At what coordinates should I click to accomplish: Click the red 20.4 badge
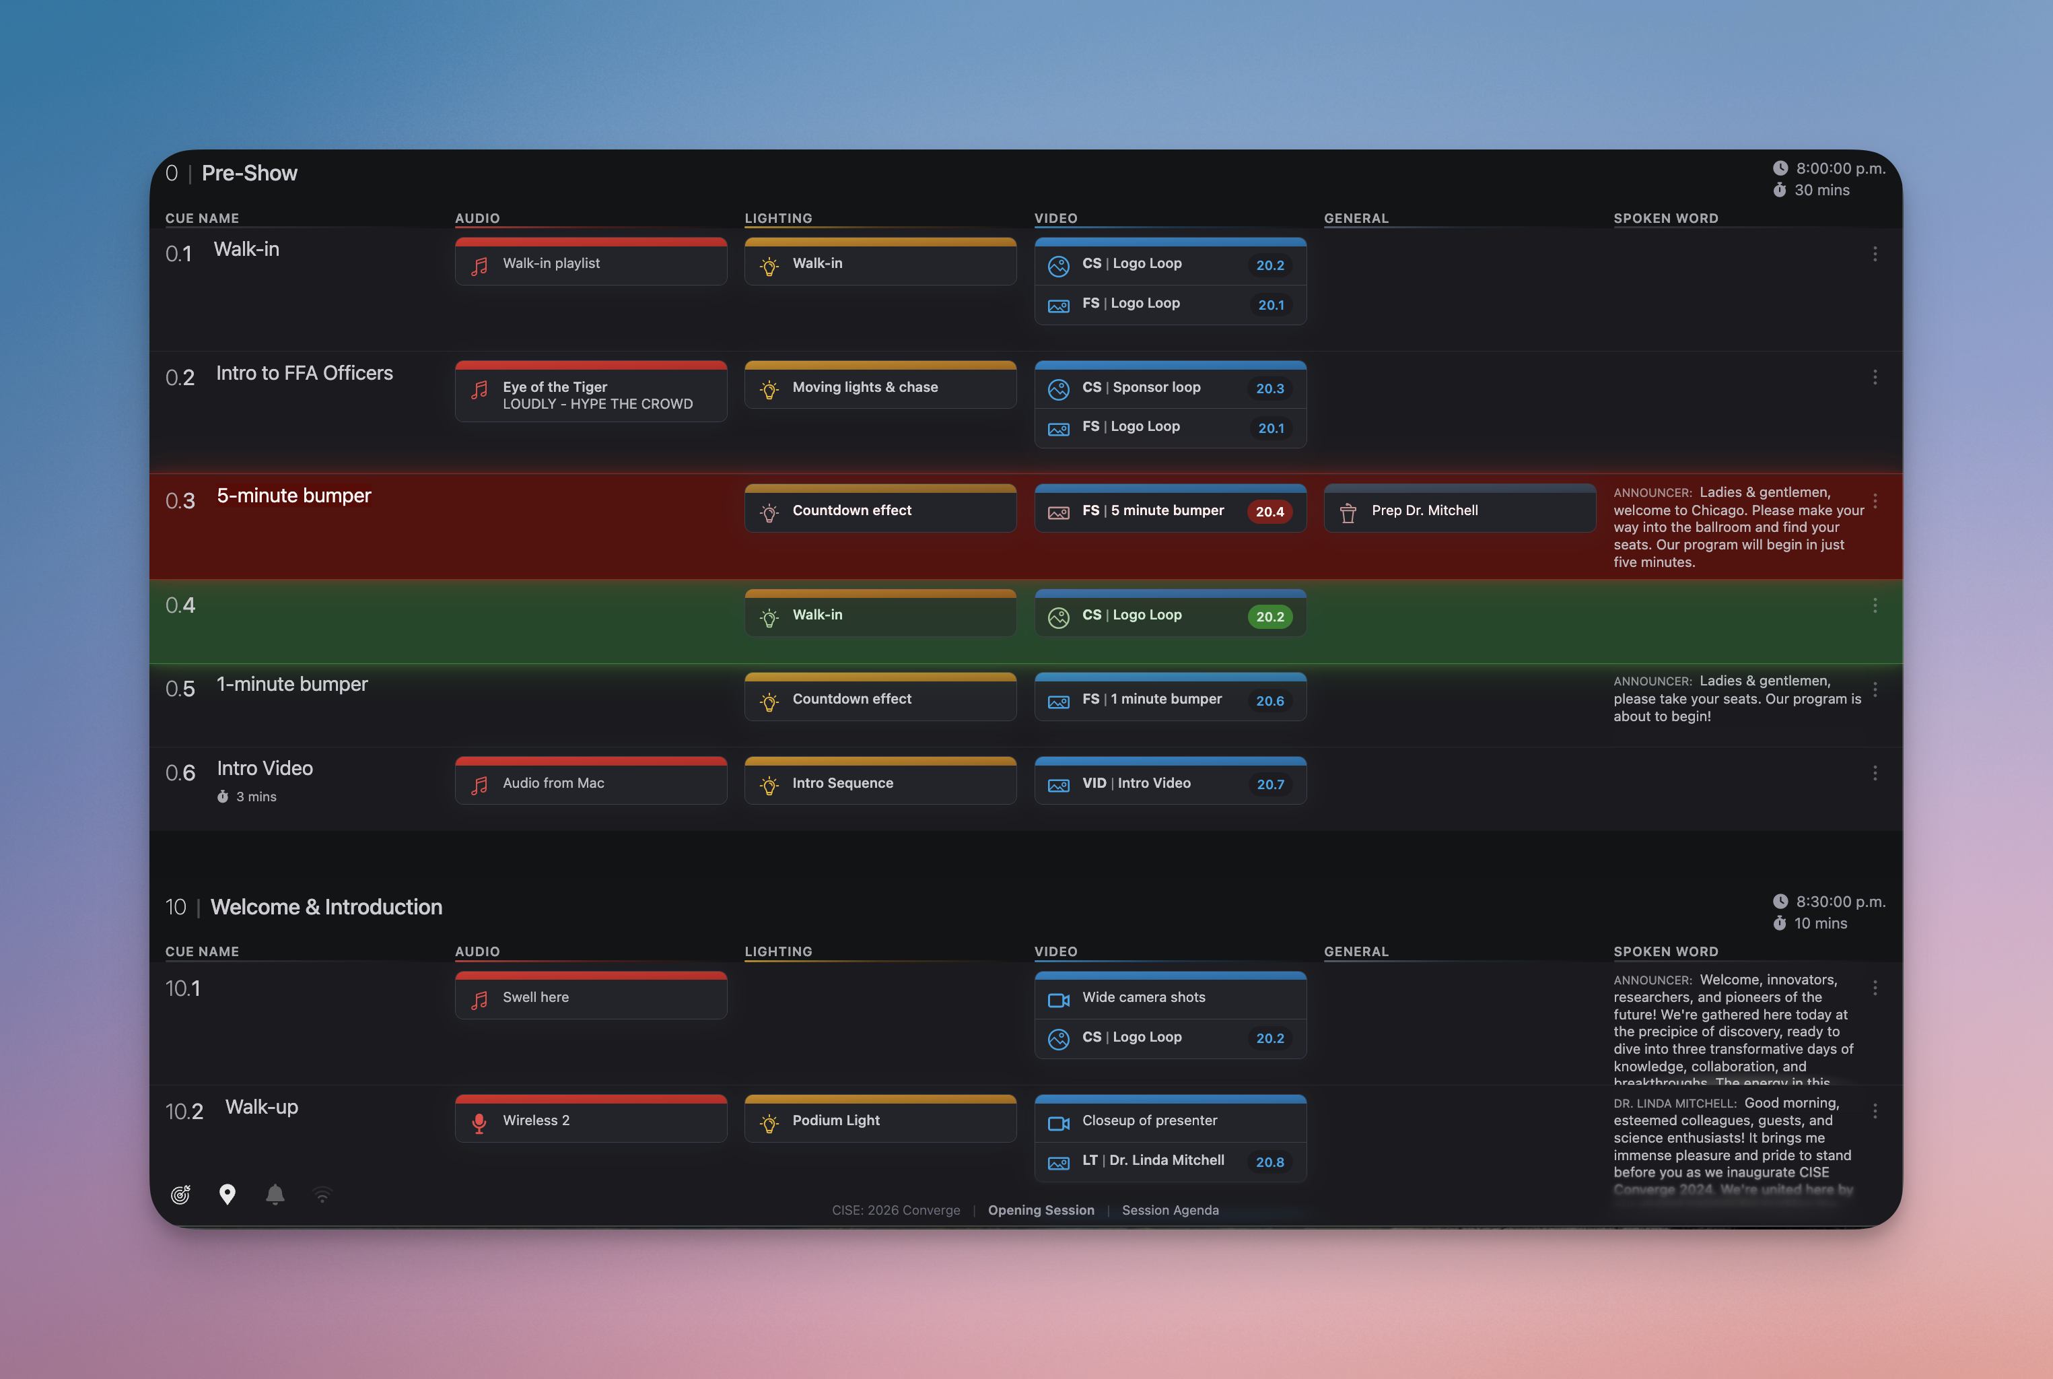(1269, 512)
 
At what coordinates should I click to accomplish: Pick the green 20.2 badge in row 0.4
(1269, 617)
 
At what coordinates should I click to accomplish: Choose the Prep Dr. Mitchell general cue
(1459, 511)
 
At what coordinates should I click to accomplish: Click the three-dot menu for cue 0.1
(1875, 254)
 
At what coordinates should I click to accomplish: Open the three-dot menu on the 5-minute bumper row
(1875, 501)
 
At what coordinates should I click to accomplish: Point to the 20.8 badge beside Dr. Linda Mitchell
(1269, 1162)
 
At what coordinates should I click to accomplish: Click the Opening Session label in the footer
(1041, 1210)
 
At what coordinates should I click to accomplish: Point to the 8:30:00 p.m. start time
(1840, 902)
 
